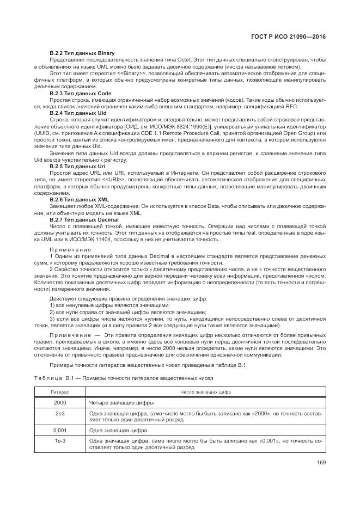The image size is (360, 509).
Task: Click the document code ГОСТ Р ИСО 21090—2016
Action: pyautogui.click(x=295, y=36)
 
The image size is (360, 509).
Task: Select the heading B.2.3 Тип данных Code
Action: pyautogui.click(x=80, y=94)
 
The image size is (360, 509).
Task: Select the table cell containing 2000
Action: pyautogui.click(x=60, y=402)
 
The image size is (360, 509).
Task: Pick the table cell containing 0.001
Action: pyautogui.click(x=60, y=430)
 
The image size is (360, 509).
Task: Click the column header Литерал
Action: pyautogui.click(x=60, y=391)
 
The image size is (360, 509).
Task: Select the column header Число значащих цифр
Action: pyautogui.click(x=205, y=391)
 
